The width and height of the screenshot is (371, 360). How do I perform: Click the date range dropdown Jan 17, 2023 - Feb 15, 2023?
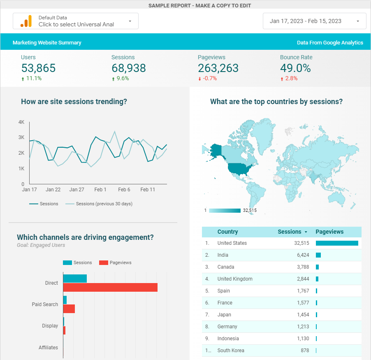314,21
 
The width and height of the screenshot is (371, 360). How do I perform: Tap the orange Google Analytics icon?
26,21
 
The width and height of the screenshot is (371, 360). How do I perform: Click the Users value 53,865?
38,68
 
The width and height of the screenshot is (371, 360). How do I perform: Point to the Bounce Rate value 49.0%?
295,68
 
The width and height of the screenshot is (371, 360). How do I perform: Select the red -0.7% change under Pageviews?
209,79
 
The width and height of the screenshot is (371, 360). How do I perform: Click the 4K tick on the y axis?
21,122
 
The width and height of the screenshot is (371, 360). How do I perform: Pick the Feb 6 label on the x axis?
124,190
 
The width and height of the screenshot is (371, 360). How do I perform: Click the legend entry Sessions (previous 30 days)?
104,204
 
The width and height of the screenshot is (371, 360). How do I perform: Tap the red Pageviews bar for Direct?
110,287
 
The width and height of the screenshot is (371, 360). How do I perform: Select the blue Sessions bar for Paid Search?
65,300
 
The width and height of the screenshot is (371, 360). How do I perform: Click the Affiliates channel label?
48,348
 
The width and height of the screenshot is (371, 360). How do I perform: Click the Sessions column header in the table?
290,232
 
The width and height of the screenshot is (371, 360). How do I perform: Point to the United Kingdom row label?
235,279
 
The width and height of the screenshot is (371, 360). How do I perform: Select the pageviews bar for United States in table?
337,243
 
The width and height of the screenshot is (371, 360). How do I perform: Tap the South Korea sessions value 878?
305,351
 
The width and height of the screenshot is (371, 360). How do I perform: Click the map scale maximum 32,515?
250,211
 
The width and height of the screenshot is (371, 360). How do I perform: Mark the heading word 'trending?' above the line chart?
111,102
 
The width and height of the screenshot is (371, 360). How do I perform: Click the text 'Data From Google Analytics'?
330,43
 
